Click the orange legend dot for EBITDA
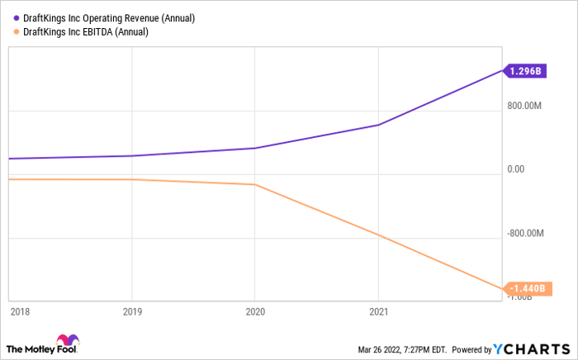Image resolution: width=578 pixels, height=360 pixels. click(17, 31)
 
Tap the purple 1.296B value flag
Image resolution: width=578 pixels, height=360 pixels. click(524, 71)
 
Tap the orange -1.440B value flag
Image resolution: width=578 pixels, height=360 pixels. click(524, 288)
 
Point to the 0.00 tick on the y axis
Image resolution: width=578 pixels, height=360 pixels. click(517, 169)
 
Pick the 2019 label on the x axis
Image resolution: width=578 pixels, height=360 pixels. click(131, 311)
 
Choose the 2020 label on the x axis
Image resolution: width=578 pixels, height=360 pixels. click(254, 311)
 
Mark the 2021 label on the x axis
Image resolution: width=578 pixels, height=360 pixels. click(377, 311)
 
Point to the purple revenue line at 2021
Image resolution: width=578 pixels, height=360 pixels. click(377, 125)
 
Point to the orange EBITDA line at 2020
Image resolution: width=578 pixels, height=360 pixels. click(254, 184)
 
